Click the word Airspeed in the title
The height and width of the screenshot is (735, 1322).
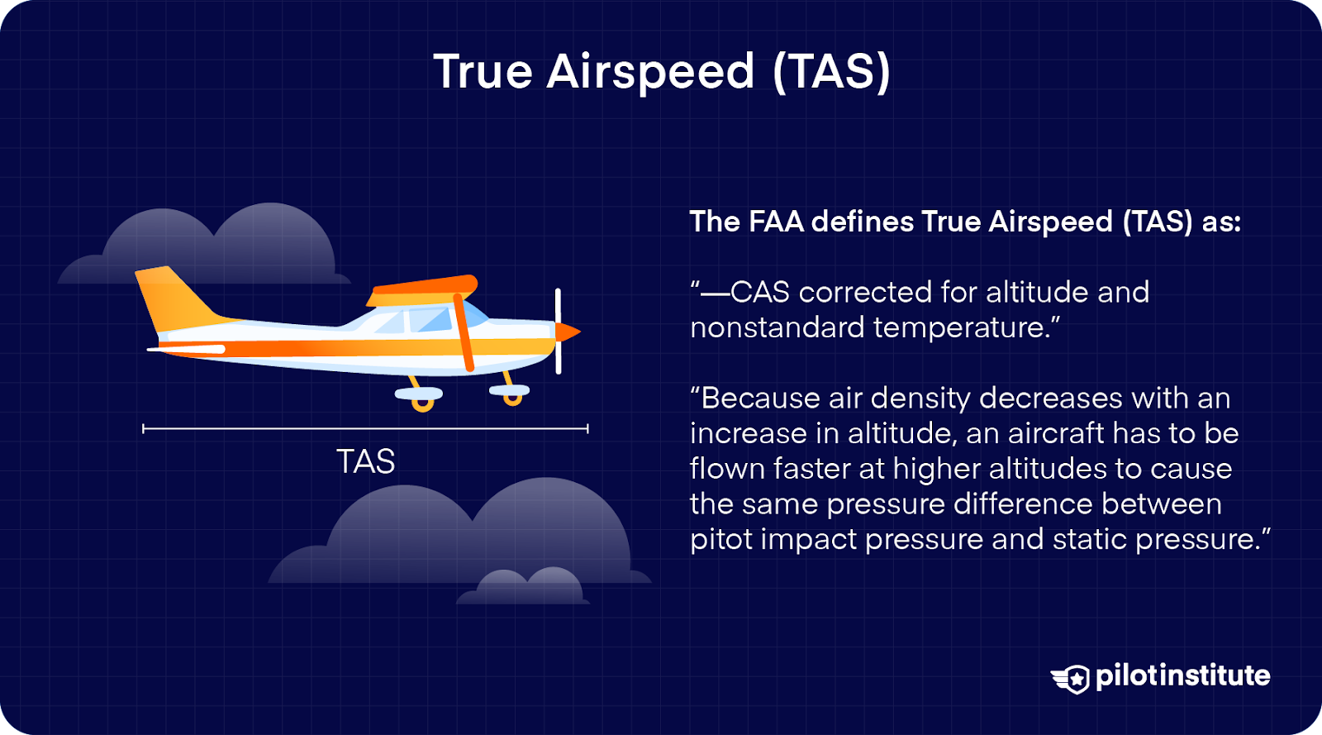click(650, 72)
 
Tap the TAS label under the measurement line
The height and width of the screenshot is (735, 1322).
click(365, 461)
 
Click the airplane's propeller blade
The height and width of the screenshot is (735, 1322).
click(559, 331)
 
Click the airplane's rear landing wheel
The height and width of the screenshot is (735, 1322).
click(423, 404)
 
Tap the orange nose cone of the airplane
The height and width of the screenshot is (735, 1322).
click(568, 332)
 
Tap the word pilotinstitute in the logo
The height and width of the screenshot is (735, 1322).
click(1182, 676)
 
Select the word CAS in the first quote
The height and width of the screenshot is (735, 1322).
click(760, 292)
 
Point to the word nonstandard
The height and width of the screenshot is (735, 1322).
click(777, 327)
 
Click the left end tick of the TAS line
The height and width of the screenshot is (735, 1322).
click(144, 428)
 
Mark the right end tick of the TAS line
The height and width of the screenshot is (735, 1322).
click(587, 428)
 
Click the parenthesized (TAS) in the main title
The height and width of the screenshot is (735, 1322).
click(831, 72)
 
